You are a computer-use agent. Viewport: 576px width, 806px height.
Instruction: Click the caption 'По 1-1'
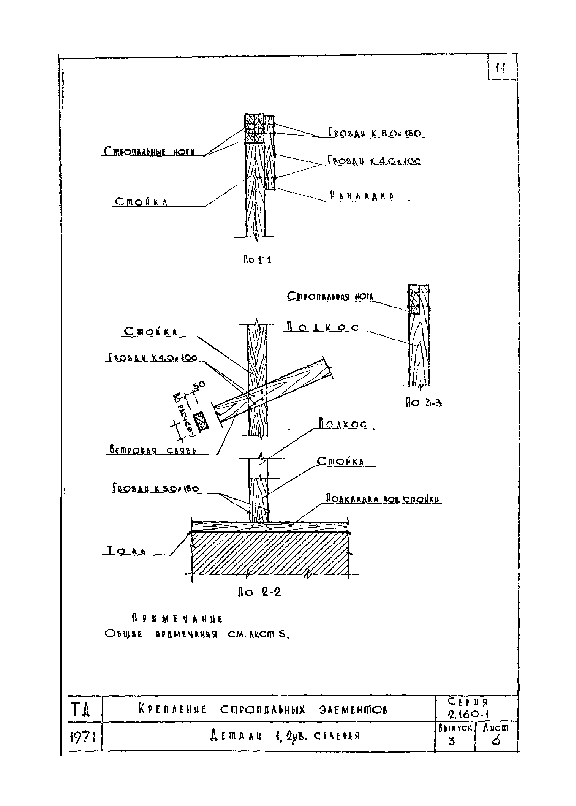pos(257,260)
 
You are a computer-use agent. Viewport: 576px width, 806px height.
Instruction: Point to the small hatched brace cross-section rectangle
pos(201,421)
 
